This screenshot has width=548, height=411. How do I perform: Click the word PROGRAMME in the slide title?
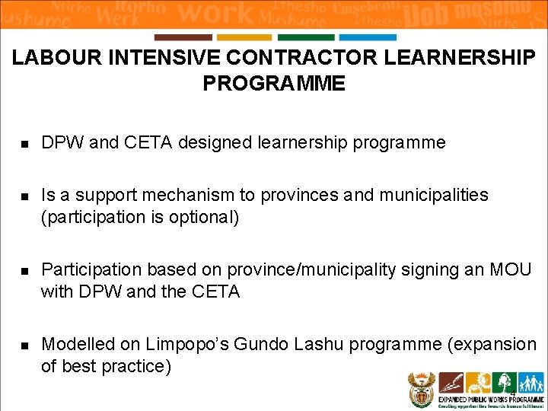pyautogui.click(x=274, y=84)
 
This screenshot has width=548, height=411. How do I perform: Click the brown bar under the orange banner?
pyautogui.click(x=183, y=37)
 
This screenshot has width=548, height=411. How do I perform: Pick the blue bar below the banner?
pyautogui.click(x=368, y=37)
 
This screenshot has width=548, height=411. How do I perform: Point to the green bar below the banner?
pyautogui.click(x=306, y=37)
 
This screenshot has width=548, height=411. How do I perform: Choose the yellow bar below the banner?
pyautogui.click(x=244, y=37)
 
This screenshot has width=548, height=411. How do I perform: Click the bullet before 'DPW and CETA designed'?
pyautogui.click(x=24, y=143)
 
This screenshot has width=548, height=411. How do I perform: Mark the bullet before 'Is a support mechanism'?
pyautogui.click(x=24, y=196)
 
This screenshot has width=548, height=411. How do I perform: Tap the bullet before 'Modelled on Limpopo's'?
pyautogui.click(x=24, y=346)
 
